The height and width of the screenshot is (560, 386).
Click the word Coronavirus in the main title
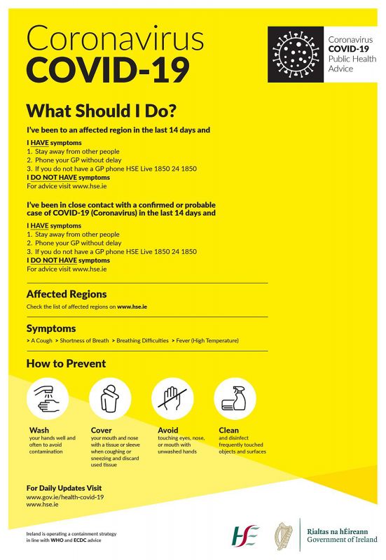[x=116, y=38]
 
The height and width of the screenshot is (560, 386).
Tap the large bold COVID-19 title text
[x=108, y=71]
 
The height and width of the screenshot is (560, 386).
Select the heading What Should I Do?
[x=101, y=111]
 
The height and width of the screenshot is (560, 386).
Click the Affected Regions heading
[x=67, y=294]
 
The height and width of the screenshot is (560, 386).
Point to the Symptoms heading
[x=51, y=328]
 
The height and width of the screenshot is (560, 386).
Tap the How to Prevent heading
[x=66, y=363]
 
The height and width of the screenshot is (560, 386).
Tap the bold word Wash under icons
[x=39, y=430]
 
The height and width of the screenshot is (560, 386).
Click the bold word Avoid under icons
[x=168, y=430]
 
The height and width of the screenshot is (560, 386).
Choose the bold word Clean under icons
[x=228, y=430]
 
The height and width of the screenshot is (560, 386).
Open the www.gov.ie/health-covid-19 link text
[x=65, y=496]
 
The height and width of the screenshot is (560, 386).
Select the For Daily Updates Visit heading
[x=64, y=487]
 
